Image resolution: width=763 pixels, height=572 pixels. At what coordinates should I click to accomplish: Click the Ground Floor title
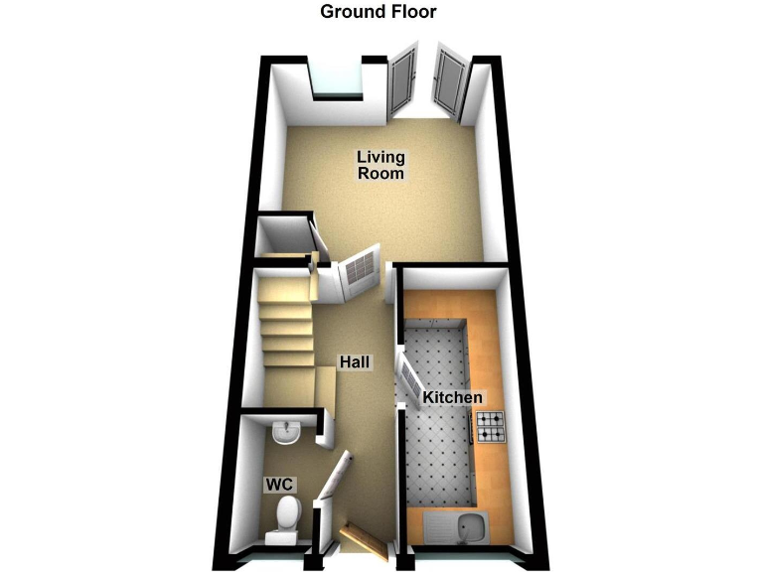[378, 12]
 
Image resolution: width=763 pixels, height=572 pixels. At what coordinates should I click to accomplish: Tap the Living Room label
[381, 165]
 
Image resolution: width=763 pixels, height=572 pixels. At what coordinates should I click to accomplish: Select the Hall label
[355, 362]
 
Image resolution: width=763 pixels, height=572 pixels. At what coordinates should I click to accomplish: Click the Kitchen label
[452, 397]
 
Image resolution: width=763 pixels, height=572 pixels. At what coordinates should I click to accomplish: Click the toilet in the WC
[287, 517]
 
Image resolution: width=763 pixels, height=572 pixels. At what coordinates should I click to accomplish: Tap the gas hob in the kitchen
[491, 426]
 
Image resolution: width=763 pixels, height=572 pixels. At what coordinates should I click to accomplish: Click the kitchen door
[408, 382]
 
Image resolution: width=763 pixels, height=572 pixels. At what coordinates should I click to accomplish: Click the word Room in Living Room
[381, 173]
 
